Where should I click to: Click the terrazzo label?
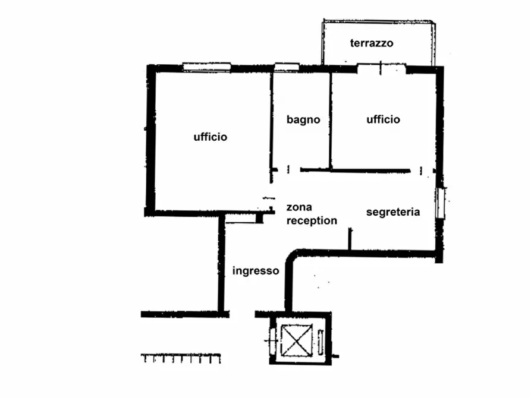click(372, 43)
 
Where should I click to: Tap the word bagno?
click(303, 120)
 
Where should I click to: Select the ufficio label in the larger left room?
click(210, 137)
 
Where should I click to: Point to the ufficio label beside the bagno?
click(384, 119)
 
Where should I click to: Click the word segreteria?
click(393, 212)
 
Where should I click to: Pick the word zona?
click(299, 207)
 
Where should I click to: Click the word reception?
click(312, 220)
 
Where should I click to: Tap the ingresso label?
click(256, 271)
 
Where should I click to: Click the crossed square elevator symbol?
click(297, 340)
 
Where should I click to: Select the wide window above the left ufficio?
click(207, 67)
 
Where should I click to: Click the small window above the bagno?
click(287, 67)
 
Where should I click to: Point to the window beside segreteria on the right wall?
click(440, 203)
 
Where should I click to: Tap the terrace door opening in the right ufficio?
click(381, 69)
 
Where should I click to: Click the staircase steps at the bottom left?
click(181, 358)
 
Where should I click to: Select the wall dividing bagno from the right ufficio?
click(330, 121)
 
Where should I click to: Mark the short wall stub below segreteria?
click(350, 239)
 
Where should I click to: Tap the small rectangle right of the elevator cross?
click(321, 342)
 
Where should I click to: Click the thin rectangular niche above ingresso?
click(240, 221)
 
